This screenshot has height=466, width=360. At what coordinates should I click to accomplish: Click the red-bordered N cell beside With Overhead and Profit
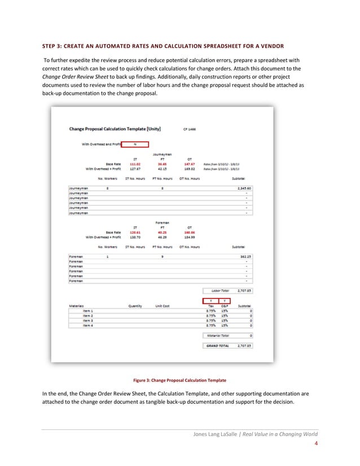135,144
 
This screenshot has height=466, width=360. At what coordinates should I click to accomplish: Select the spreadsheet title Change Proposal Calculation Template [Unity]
115,129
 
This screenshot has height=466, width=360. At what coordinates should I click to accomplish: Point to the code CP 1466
188,129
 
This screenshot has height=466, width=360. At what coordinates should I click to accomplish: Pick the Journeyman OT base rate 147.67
189,164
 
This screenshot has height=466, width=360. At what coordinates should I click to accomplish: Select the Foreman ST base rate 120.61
135,232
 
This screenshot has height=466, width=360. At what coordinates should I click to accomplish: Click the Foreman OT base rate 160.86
189,232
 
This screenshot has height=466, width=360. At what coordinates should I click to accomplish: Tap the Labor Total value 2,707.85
244,291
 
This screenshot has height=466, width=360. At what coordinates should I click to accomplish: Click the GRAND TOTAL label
217,345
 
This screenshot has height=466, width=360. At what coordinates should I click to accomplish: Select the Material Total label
217,335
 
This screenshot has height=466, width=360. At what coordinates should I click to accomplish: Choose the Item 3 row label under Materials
87,320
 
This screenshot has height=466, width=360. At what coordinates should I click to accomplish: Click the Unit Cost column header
162,306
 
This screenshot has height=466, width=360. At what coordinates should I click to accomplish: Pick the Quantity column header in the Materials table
135,306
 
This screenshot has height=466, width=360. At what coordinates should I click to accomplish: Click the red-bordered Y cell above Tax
211,300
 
